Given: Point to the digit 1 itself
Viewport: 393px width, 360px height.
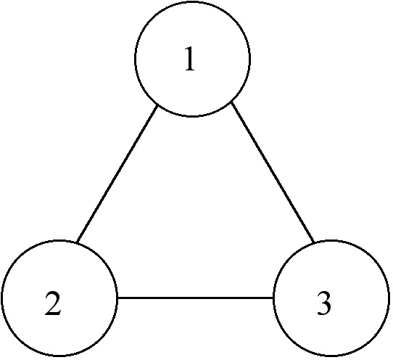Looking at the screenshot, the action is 190,59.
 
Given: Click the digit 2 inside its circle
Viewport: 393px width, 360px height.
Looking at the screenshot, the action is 53,303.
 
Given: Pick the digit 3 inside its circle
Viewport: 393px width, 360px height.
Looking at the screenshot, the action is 324,303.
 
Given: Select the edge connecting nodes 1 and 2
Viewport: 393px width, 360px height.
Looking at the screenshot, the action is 117,173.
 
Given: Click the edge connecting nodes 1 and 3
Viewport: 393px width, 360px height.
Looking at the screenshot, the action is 273,172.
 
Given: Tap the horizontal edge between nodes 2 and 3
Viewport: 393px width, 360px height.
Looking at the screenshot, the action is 195,298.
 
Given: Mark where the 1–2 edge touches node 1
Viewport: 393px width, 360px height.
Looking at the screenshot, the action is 157,105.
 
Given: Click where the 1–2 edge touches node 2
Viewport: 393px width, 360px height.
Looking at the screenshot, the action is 78,242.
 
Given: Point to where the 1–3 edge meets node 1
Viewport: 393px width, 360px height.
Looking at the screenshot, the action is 231,102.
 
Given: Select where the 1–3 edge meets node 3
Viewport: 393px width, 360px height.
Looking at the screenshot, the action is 314,242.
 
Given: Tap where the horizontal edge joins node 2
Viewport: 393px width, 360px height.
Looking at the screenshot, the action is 117,298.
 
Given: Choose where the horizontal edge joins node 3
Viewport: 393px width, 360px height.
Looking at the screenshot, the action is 273,298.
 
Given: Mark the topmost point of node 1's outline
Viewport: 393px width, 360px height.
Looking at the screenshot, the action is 192,1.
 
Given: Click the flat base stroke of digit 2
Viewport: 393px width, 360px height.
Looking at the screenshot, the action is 53,314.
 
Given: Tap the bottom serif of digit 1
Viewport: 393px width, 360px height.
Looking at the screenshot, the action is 190,70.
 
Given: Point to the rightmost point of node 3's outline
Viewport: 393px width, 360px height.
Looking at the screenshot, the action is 389,298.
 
